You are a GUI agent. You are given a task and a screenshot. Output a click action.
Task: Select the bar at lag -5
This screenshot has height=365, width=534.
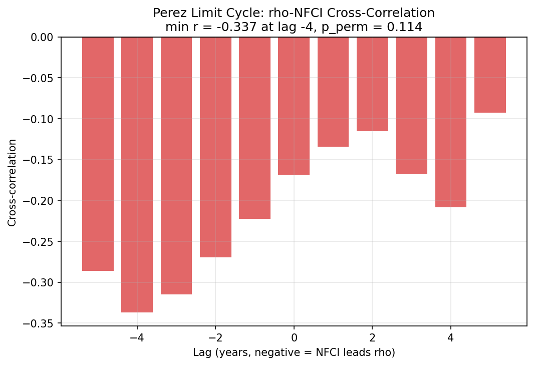[98, 154]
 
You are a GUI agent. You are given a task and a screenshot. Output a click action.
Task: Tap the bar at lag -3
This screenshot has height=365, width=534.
[176, 165]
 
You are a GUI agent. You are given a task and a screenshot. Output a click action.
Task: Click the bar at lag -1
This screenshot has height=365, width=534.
[254, 128]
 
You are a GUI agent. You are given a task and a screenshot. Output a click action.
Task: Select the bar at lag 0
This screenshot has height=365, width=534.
[294, 106]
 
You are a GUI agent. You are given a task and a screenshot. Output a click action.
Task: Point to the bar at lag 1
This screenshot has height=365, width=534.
[333, 92]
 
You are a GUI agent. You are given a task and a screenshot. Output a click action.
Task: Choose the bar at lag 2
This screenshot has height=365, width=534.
[372, 84]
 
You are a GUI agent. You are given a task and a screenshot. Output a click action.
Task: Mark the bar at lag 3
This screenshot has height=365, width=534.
[411, 106]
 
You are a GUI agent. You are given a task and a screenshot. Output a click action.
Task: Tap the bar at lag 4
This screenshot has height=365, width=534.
[451, 122]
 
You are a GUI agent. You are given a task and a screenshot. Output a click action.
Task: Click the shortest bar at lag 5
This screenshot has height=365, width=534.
[490, 75]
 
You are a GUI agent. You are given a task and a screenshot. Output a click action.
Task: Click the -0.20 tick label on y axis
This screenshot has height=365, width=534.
[41, 201]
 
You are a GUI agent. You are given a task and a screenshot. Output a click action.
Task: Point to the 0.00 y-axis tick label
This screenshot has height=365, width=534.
[43, 37]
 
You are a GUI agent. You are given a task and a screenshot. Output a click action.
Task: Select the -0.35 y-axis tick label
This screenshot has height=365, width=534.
[41, 323]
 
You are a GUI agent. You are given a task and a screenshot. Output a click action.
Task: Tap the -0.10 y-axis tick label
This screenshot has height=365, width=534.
[41, 119]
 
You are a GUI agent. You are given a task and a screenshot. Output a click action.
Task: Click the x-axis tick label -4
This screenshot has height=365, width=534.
[137, 337]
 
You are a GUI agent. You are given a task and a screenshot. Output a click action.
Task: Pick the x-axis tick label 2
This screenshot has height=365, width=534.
[372, 337]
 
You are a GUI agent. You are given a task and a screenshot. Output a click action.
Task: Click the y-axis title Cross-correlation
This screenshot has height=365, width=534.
[12, 182]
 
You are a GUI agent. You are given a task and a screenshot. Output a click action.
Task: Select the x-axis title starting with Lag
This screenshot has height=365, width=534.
[294, 352]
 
